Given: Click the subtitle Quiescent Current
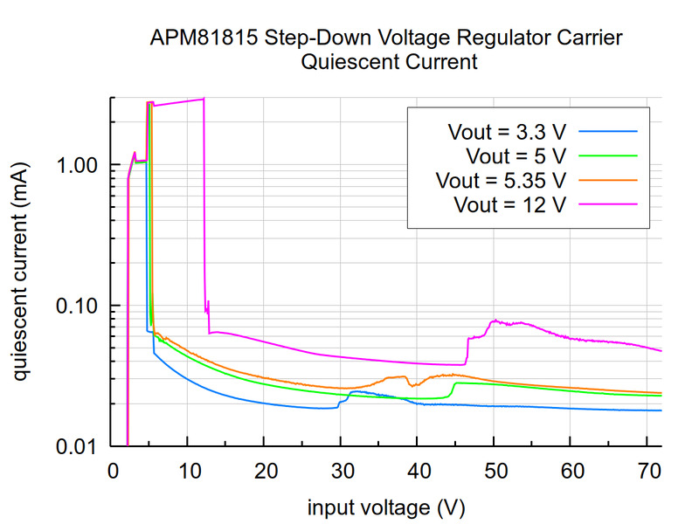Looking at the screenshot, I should pos(388,63).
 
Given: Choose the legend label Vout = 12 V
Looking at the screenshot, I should pos(510,205).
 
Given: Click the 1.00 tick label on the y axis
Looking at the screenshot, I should pos(77,165).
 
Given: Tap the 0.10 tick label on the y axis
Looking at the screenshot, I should pos(77,306).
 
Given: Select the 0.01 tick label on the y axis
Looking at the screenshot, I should pos(77,446).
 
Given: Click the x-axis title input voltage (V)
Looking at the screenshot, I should pos(385,507).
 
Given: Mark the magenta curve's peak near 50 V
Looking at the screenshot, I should pos(495,321).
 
